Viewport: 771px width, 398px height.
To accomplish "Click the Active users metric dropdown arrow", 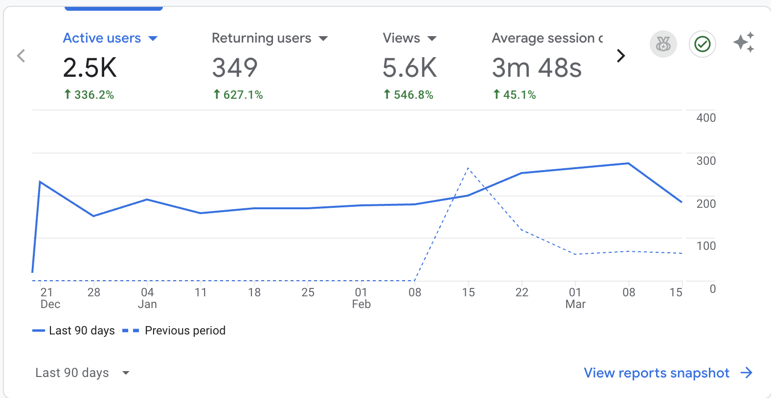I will pos(153,39).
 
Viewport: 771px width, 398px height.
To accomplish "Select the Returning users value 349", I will pos(235,67).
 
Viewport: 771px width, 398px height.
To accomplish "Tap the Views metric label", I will pos(401,38).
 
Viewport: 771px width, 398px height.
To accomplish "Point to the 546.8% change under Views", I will pos(408,95).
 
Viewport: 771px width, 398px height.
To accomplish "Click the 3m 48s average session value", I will pos(537,67).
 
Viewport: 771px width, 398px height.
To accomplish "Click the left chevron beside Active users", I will pos(21,56).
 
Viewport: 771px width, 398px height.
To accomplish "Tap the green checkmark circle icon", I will pos(703,44).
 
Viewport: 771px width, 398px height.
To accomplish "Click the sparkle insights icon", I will pos(744,43).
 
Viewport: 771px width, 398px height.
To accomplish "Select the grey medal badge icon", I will pos(663,44).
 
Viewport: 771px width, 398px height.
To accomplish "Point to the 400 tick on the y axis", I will pos(706,118).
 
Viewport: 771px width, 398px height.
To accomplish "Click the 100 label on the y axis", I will pos(706,246).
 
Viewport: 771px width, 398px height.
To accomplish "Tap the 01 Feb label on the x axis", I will pos(362,298).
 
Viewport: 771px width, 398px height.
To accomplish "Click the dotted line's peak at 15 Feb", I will pos(468,168).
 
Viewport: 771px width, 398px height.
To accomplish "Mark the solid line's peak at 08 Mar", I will pos(629,163).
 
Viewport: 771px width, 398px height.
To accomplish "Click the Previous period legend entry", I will pos(174,331).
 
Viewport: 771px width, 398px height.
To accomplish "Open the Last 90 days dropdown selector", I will pos(82,373).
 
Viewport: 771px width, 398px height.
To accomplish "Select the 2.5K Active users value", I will pos(90,67).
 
